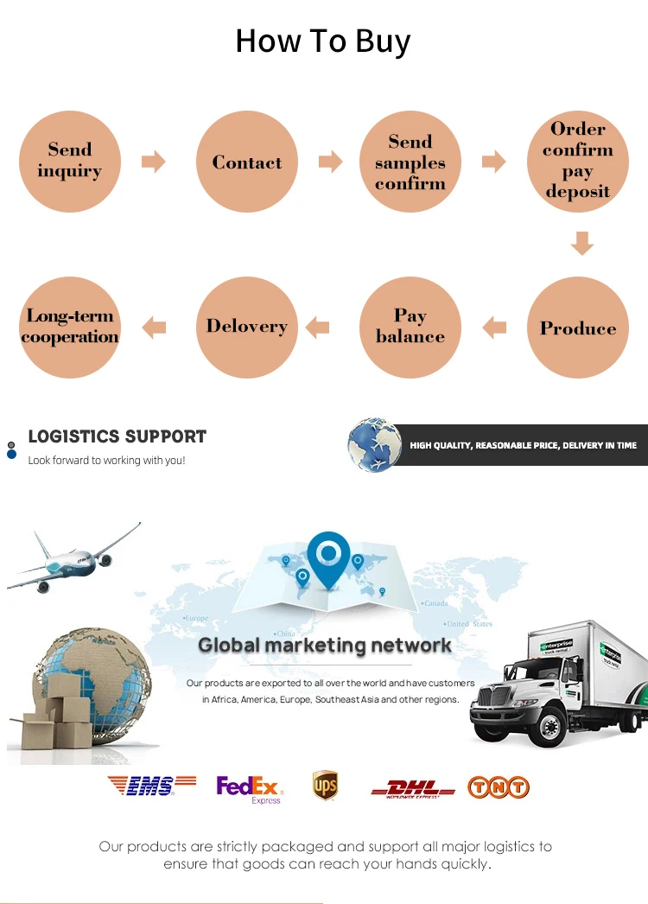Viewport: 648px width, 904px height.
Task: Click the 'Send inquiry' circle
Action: [x=70, y=162]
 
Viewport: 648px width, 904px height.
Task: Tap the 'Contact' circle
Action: [x=247, y=162]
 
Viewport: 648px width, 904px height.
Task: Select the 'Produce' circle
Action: [x=578, y=328]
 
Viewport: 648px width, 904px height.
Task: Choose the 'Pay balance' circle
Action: [x=410, y=328]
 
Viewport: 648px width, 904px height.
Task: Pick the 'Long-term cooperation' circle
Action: [x=70, y=328]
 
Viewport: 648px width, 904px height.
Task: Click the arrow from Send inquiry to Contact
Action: [x=154, y=162]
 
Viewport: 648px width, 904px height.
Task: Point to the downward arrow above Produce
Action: [x=582, y=243]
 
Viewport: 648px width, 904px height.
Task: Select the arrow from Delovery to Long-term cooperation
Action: [x=154, y=327]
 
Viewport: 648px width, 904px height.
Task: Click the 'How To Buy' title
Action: [x=323, y=41]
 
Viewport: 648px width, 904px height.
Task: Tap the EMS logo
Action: [x=141, y=786]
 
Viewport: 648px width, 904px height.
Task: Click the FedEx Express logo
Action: [x=249, y=788]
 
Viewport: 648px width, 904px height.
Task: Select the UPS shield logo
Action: [x=325, y=786]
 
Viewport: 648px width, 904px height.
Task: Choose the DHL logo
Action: [x=413, y=788]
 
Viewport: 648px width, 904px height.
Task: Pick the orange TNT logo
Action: [x=499, y=787]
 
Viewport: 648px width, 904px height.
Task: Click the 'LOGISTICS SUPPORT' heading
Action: [x=118, y=436]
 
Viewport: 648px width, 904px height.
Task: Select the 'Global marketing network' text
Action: [x=325, y=645]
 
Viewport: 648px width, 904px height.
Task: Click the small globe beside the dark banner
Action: [x=374, y=445]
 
